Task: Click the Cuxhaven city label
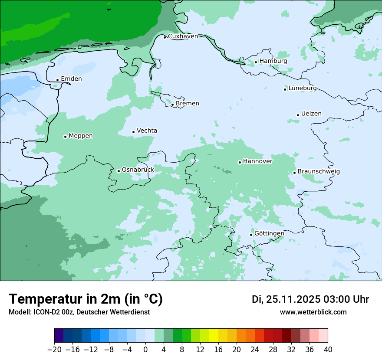tap(183, 36)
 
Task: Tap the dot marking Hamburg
tap(256, 62)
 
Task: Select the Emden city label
tap(71, 79)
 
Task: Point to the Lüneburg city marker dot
tap(285, 89)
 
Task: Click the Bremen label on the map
tap(188, 104)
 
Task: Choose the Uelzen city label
tap(311, 114)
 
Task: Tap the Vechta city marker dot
tap(134, 132)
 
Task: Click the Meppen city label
tap(81, 136)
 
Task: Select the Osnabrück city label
tap(138, 170)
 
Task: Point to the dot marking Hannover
tap(240, 163)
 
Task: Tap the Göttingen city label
tap(269, 233)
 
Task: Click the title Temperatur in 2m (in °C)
tap(86, 299)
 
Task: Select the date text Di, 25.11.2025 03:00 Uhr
tap(310, 299)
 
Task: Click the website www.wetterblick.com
tap(313, 312)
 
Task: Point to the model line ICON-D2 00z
tap(79, 312)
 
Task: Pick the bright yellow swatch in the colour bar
tap(214, 336)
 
